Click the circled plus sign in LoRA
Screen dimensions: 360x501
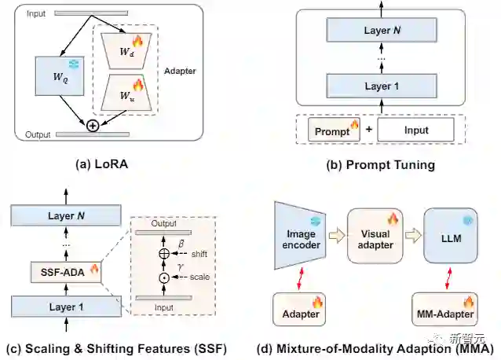(x=93, y=126)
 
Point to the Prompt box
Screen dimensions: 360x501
(x=335, y=130)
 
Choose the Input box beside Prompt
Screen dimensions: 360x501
(x=415, y=130)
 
